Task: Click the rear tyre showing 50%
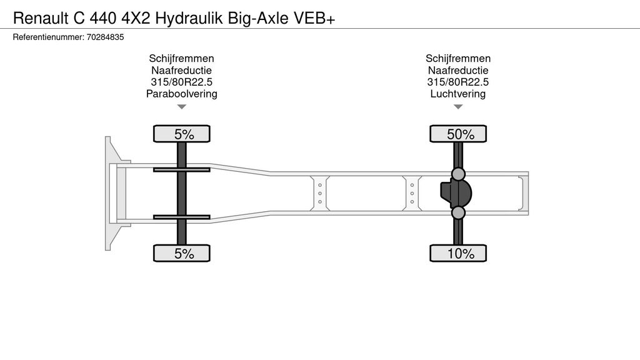click(458, 134)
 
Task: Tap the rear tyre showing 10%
click(458, 253)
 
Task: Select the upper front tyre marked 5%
click(182, 134)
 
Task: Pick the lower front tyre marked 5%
click(182, 253)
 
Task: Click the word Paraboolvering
click(182, 94)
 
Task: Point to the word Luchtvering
click(458, 94)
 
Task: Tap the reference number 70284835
click(105, 37)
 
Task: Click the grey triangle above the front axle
click(182, 106)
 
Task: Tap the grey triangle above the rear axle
click(458, 106)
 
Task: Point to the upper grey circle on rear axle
click(458, 174)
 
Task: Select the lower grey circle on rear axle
click(458, 212)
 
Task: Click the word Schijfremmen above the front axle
click(182, 58)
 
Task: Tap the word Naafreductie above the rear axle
click(458, 70)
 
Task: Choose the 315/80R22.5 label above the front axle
click(182, 82)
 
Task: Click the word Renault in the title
click(41, 18)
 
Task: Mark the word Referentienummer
click(49, 37)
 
